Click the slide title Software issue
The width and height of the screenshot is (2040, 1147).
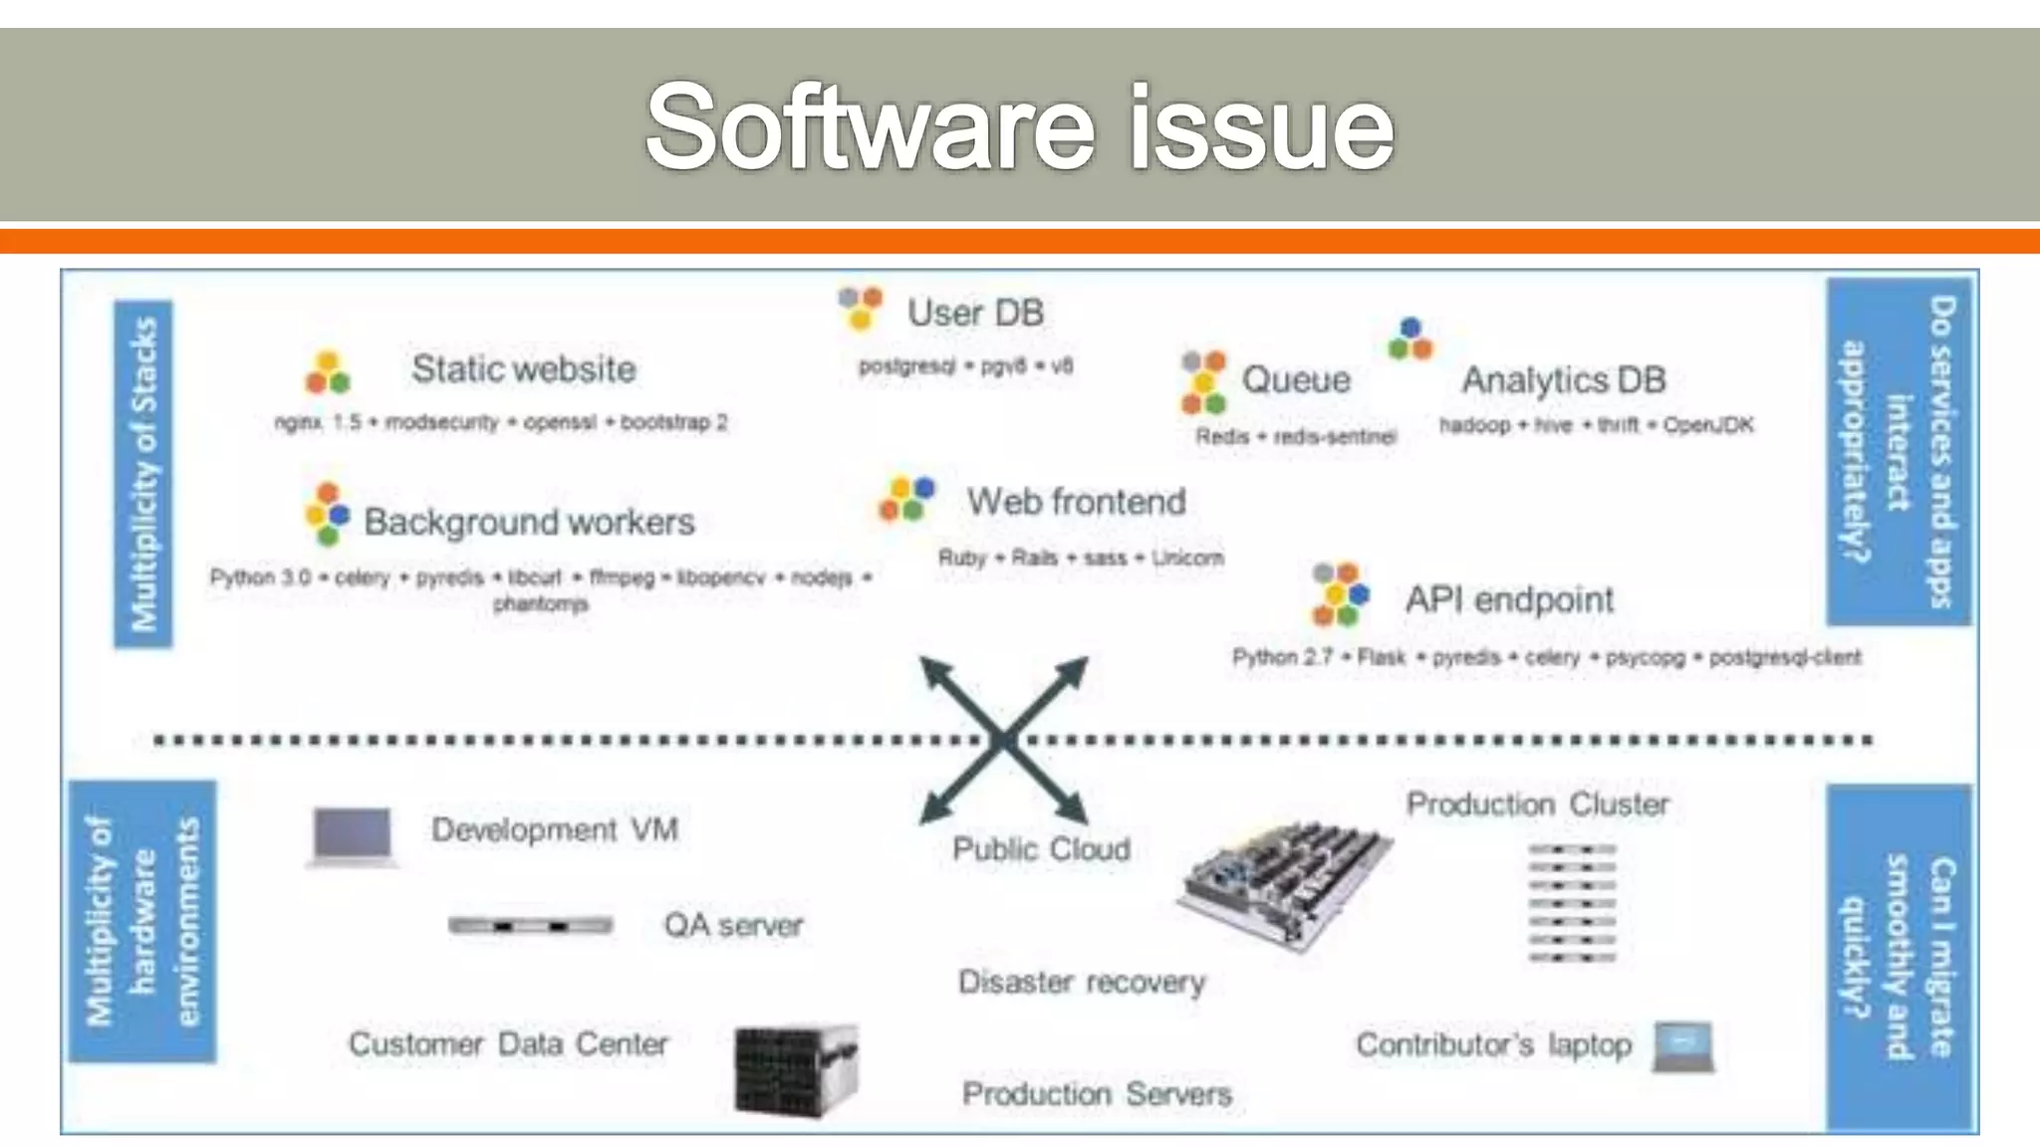(1019, 127)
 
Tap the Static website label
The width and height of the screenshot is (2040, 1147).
(524, 369)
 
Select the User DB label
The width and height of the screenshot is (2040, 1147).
(975, 313)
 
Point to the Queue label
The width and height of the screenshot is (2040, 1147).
(1296, 379)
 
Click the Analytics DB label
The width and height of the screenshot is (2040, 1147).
(1563, 379)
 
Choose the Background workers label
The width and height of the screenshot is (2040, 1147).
(529, 522)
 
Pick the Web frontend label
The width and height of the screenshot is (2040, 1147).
(1076, 501)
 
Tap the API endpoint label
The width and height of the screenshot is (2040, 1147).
(1509, 599)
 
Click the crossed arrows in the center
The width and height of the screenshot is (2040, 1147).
(1003, 740)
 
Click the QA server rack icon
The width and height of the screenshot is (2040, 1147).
(530, 926)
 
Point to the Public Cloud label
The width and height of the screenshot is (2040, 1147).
(1041, 849)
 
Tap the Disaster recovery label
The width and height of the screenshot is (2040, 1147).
(1082, 982)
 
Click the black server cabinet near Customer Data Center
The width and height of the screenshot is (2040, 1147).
(795, 1070)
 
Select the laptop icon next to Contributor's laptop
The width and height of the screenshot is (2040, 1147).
(1683, 1046)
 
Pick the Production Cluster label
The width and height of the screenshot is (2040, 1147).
(1537, 804)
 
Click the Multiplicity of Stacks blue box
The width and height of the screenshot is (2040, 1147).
(143, 474)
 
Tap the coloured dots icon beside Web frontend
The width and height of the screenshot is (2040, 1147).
(906, 499)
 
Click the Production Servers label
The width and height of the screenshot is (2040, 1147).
(1097, 1094)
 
